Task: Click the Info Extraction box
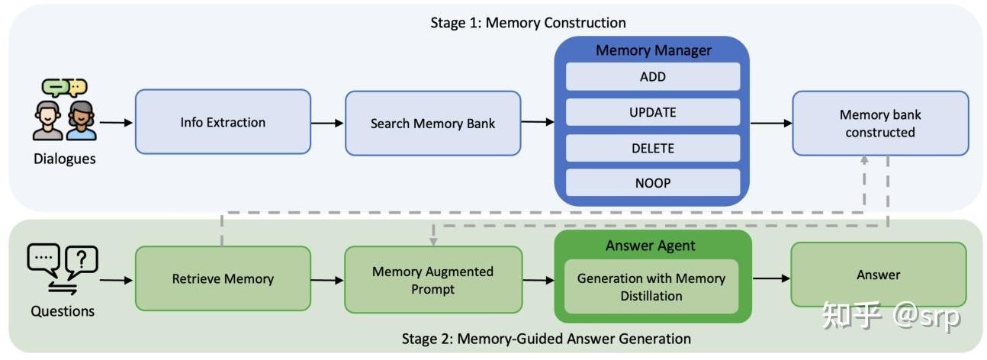click(x=223, y=122)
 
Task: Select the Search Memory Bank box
click(x=432, y=123)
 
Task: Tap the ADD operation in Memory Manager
click(x=652, y=77)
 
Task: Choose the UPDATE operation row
click(x=652, y=112)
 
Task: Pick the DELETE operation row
click(x=652, y=148)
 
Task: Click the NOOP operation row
click(x=652, y=183)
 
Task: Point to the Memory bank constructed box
click(x=879, y=124)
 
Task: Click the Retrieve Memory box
click(x=223, y=279)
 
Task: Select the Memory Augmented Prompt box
click(x=432, y=280)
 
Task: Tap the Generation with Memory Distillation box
click(x=651, y=287)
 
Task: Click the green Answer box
click(x=878, y=275)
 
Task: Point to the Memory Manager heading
click(x=653, y=50)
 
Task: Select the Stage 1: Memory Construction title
click(x=528, y=22)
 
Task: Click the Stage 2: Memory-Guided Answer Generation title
click(x=546, y=339)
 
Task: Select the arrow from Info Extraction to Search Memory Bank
click(x=328, y=122)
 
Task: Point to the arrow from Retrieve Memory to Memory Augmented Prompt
click(x=328, y=280)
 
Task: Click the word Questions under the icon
click(x=63, y=311)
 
